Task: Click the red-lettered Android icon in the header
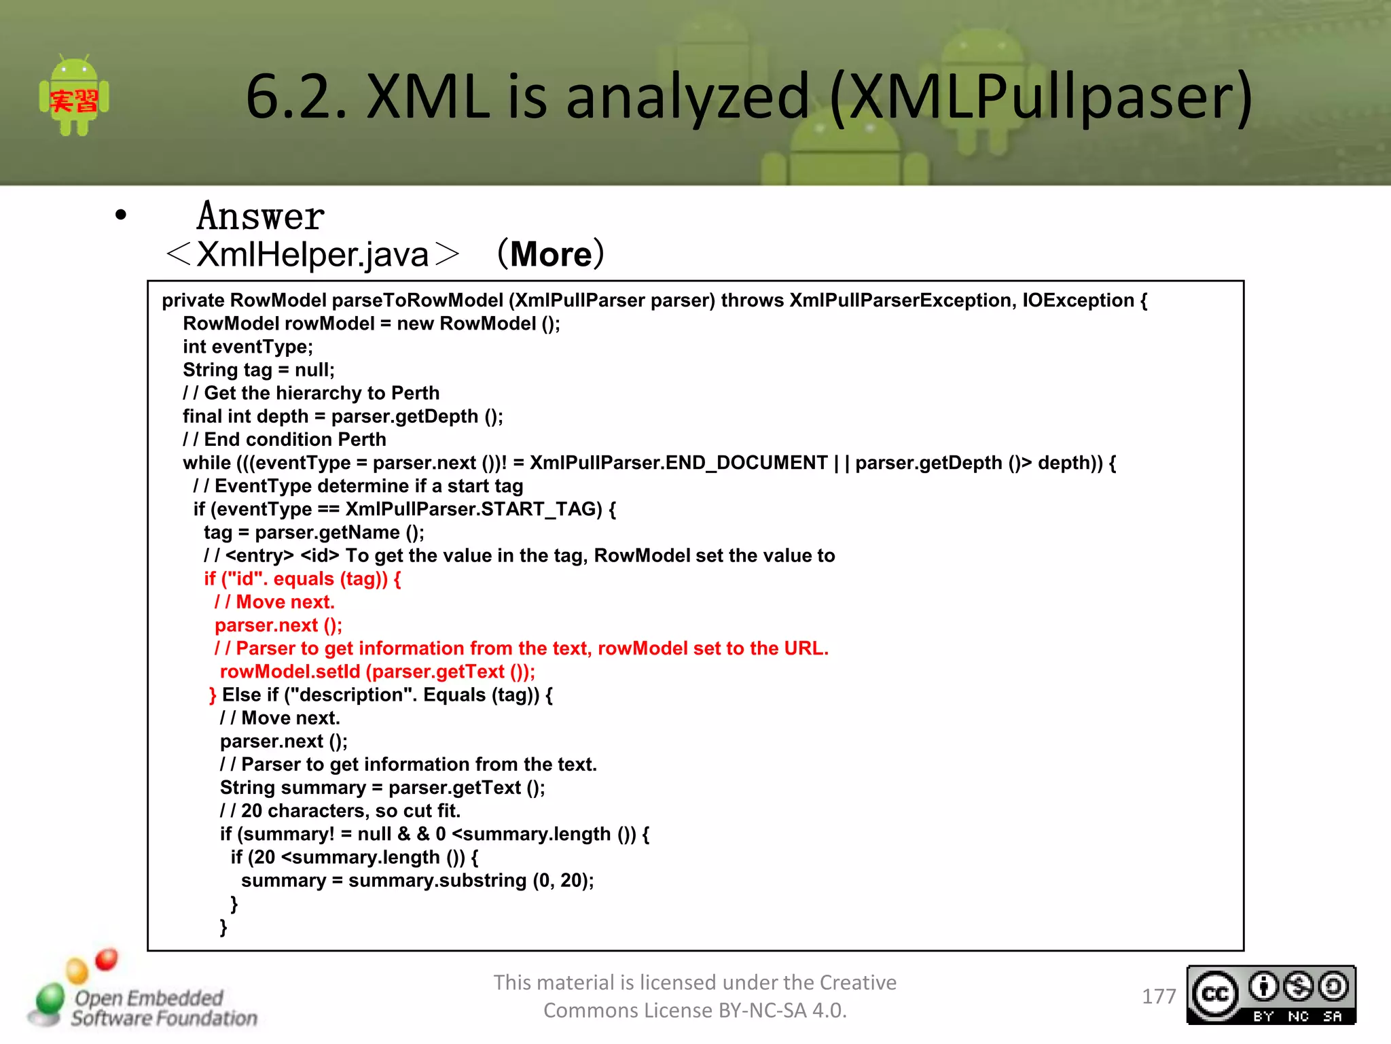tap(74, 97)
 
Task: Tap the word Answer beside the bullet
tap(260, 217)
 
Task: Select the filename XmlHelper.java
tap(312, 255)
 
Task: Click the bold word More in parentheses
tap(551, 255)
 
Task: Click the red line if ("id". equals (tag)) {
tap(302, 579)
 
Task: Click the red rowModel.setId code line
tap(377, 672)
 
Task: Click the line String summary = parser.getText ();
tap(382, 788)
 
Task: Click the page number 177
tap(1159, 996)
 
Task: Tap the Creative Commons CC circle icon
tap(1215, 994)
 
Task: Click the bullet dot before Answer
tap(121, 215)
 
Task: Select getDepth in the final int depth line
tap(435, 417)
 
